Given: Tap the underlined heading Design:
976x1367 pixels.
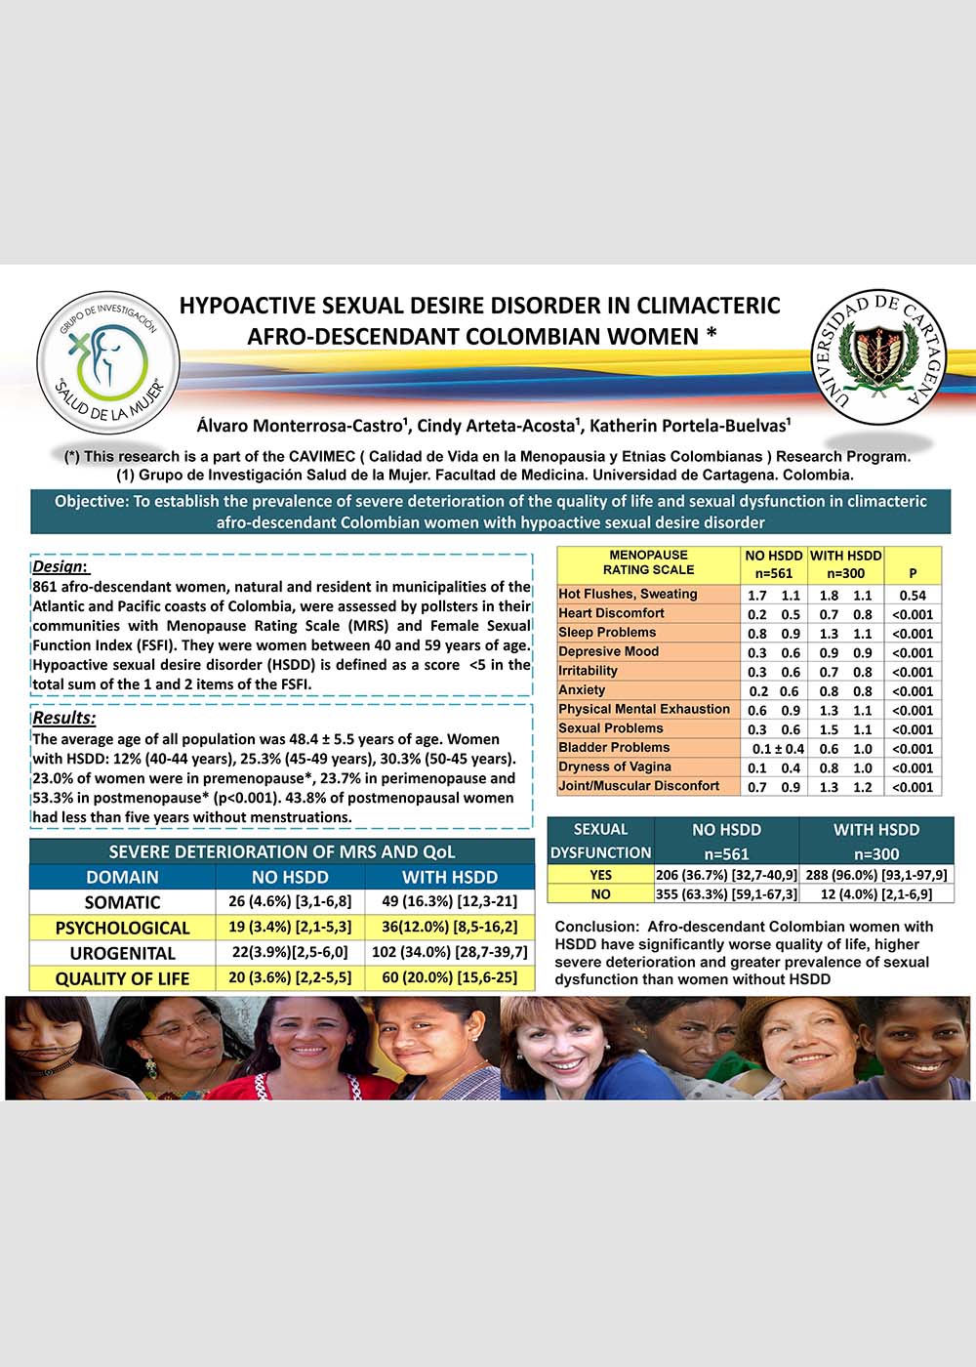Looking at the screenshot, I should click(60, 567).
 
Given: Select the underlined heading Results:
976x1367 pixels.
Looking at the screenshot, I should click(64, 719).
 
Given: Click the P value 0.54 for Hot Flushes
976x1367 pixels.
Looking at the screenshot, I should click(913, 595).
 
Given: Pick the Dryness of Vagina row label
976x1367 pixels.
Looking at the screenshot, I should click(615, 766).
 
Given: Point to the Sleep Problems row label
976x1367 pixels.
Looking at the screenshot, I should click(607, 633).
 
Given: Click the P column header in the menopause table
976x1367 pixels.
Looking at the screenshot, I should click(913, 573).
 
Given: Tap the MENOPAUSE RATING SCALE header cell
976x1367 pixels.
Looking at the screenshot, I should click(648, 562).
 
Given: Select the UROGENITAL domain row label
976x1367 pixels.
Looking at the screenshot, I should click(122, 953).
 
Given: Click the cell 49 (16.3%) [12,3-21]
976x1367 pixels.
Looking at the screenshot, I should click(449, 901).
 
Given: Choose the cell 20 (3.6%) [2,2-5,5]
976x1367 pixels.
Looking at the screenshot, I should click(290, 977).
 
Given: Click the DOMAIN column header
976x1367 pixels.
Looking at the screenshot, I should click(122, 877).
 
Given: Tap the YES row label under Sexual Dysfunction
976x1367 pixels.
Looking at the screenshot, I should click(600, 875).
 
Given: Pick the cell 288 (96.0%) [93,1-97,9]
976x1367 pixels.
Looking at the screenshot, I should click(875, 875).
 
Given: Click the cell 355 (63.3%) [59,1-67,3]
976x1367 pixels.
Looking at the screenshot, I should click(726, 893).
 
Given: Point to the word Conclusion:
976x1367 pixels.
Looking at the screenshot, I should click(596, 927).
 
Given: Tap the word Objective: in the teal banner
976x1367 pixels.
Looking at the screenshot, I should click(91, 501).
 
